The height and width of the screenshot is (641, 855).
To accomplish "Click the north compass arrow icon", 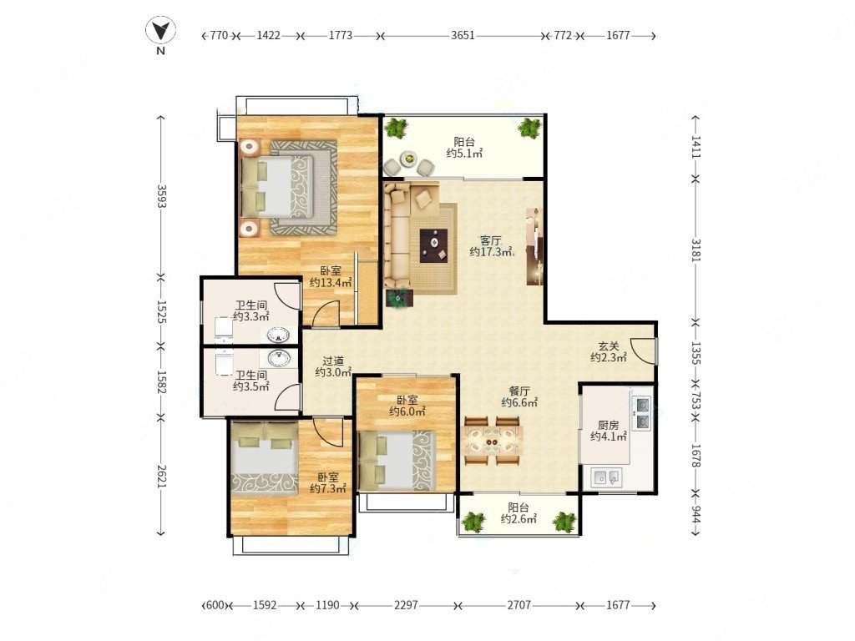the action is pyautogui.click(x=160, y=31).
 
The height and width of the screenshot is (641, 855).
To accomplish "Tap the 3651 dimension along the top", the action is pyautogui.click(x=463, y=35).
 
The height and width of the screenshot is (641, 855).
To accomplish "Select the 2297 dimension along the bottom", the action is pyautogui.click(x=406, y=605).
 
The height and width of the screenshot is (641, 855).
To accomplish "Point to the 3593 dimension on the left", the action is pyautogui.click(x=161, y=196).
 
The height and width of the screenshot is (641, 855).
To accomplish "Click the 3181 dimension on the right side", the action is pyautogui.click(x=696, y=250).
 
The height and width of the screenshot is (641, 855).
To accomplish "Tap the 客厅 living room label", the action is pyautogui.click(x=491, y=240).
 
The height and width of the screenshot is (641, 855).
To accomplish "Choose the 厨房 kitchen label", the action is pyautogui.click(x=608, y=425).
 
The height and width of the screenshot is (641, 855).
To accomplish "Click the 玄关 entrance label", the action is pyautogui.click(x=608, y=346).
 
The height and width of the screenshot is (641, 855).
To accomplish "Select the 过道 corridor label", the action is pyautogui.click(x=333, y=361).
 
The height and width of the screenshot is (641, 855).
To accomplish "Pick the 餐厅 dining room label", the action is pyautogui.click(x=519, y=391).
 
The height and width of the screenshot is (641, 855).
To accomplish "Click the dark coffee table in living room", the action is pyautogui.click(x=433, y=245).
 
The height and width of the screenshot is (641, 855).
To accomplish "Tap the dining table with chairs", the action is pyautogui.click(x=493, y=441).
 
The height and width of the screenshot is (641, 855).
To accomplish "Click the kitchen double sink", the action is pyautogui.click(x=607, y=477).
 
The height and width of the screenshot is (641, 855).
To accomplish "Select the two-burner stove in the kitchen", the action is pyautogui.click(x=641, y=413).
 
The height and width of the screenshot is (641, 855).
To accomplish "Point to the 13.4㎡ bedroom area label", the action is pyautogui.click(x=331, y=282).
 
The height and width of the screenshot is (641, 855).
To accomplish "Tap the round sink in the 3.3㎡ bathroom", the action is pyautogui.click(x=279, y=334).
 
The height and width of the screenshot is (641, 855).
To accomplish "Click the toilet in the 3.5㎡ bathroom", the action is pyautogui.click(x=224, y=364).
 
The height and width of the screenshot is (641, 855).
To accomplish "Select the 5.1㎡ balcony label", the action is pyautogui.click(x=464, y=154).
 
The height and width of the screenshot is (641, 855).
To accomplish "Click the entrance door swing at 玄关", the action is pyautogui.click(x=642, y=351).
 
